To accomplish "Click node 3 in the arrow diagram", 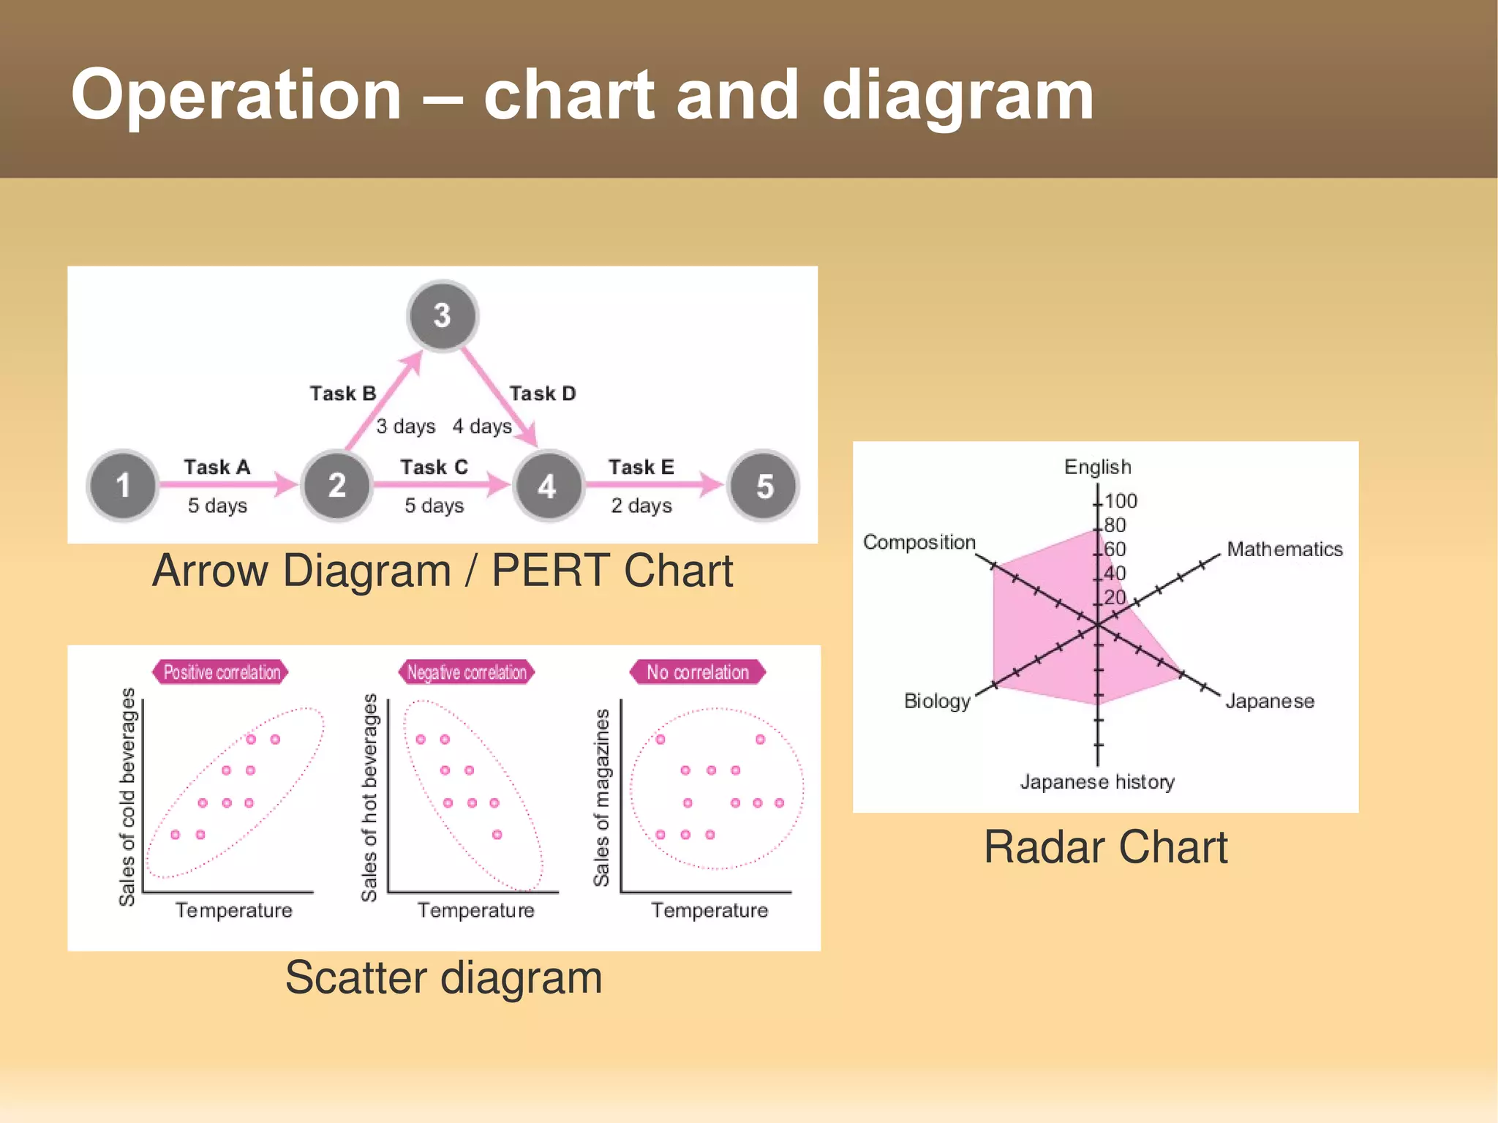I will point(442,315).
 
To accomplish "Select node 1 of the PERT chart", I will point(123,485).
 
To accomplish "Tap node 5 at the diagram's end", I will point(764,486).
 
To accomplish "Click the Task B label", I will point(342,394).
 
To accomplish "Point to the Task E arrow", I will point(653,484).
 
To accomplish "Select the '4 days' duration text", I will point(481,426).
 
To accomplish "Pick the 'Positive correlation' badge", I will point(221,672).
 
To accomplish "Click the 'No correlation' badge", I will point(697,672).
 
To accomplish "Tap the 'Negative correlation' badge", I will point(467,672).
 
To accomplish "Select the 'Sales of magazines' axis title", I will point(601,797).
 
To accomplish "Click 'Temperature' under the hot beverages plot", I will point(475,910).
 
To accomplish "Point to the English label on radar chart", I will point(1097,467).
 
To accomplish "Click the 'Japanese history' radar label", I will point(1097,781).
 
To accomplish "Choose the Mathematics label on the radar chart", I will point(1284,549).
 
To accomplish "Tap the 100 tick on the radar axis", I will point(1121,501).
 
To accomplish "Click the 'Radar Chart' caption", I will point(1105,847).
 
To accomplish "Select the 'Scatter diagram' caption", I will point(443,977).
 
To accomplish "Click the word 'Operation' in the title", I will point(236,95).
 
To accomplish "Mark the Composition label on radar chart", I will point(919,542).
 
